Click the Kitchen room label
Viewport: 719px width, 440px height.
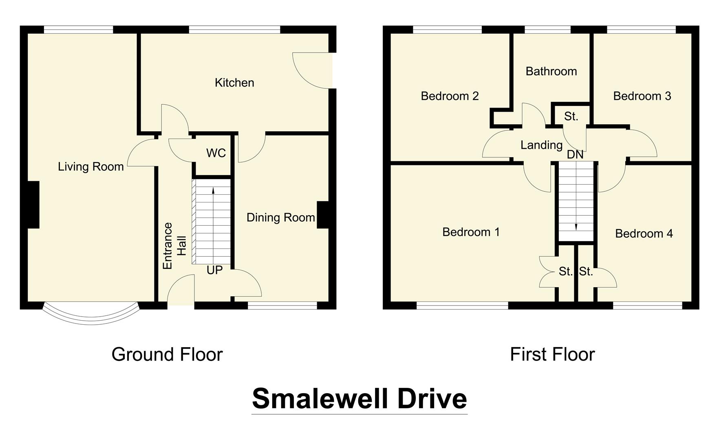point(234,83)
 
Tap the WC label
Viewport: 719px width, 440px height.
point(216,153)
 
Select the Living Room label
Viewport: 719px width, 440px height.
point(90,167)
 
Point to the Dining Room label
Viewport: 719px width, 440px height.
point(280,218)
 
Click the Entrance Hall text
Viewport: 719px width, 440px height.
point(174,246)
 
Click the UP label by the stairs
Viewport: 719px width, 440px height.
point(214,270)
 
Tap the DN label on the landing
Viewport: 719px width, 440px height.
point(575,155)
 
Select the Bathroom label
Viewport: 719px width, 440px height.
point(551,71)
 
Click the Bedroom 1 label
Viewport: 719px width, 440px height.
point(471,232)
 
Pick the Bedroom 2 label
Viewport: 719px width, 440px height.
point(450,96)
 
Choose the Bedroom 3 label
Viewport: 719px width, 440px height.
point(642,96)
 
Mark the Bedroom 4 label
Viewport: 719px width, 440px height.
point(644,233)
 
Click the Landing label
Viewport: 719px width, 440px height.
point(541,145)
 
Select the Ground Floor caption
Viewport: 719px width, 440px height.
point(167,354)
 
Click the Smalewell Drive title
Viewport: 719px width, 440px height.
point(359,398)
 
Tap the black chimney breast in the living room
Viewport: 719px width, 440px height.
point(33,205)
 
